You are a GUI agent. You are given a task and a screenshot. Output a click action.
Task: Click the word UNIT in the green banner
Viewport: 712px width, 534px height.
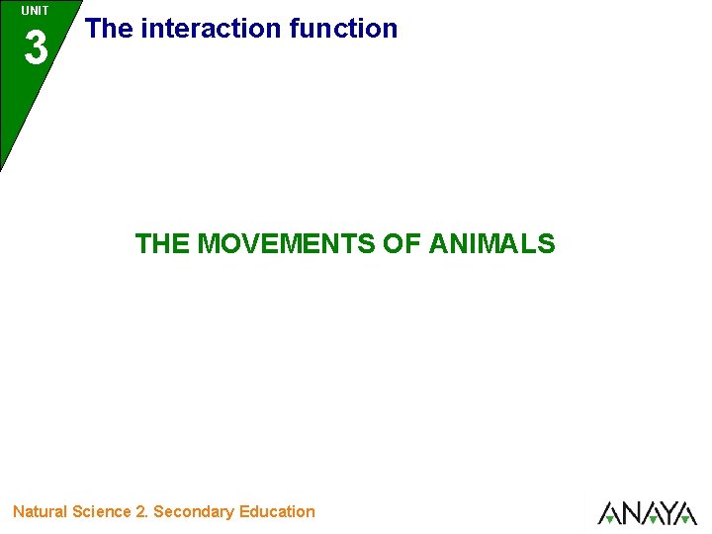coord(35,11)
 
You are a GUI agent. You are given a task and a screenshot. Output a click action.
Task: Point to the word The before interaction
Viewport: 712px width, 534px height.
coord(109,29)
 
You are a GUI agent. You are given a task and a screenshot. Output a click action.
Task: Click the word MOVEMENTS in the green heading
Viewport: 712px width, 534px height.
coord(288,243)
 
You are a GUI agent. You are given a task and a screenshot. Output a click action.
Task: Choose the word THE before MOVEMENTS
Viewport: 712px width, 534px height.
coord(163,243)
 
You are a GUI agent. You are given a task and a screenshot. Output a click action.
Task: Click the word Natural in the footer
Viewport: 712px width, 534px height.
coord(40,511)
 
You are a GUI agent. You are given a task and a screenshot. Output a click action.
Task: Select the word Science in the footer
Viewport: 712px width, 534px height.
coord(103,511)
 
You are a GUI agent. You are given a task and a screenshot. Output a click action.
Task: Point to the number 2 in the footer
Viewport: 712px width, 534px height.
coord(142,511)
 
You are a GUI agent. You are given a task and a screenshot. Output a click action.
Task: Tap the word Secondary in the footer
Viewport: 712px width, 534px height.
coord(194,511)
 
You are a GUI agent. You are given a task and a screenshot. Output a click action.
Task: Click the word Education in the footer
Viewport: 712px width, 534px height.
coord(277,511)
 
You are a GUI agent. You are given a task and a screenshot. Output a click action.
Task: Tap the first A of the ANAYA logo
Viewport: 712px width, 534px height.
coord(609,513)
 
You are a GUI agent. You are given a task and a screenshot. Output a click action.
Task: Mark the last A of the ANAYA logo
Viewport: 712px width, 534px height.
coord(685,513)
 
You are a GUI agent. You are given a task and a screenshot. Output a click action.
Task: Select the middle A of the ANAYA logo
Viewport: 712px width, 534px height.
coord(649,513)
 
